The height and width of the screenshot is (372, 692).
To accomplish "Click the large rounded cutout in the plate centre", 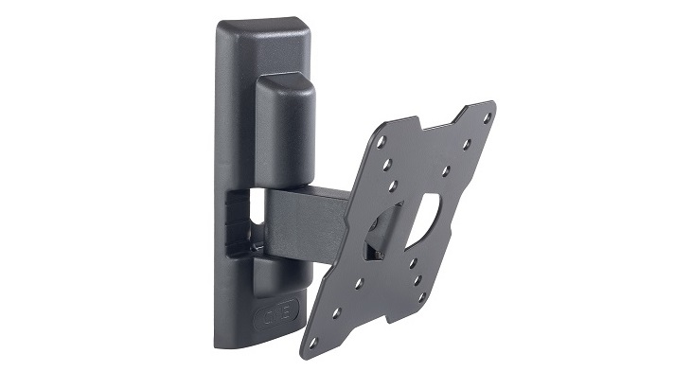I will (x=428, y=214).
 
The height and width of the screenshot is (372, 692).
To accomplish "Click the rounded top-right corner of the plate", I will (x=490, y=105).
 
